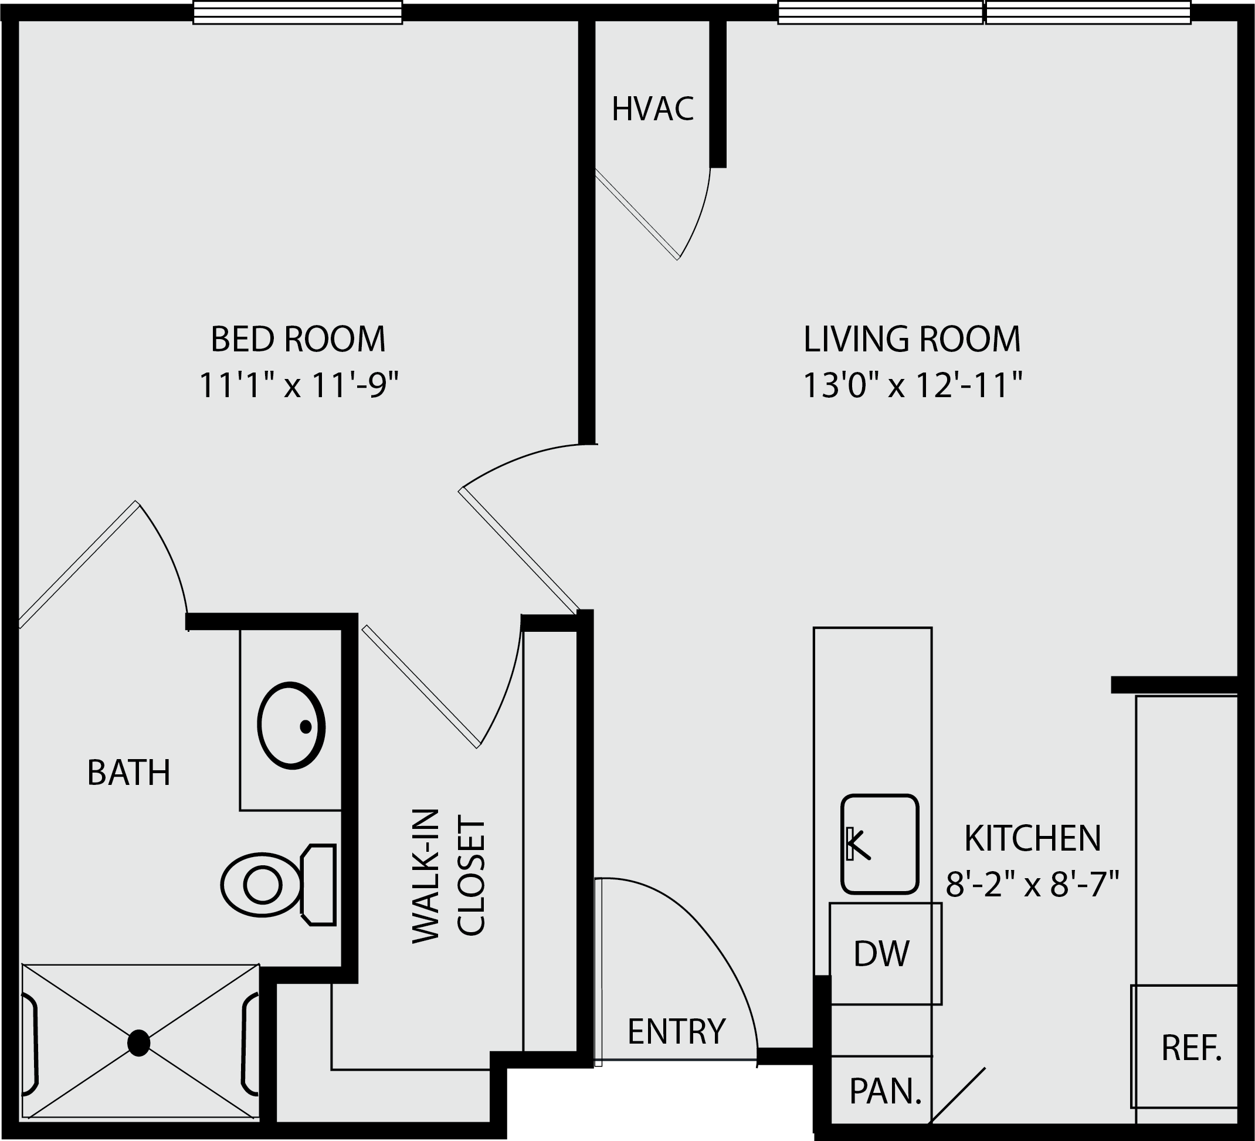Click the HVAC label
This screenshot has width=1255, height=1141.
click(652, 109)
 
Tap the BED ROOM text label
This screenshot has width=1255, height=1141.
click(298, 339)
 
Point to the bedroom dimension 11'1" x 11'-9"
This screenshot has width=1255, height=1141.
click(298, 385)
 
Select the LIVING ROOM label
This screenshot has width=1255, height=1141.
click(912, 339)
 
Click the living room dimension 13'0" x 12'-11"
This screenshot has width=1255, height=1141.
click(913, 385)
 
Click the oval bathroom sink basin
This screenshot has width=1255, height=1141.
click(291, 726)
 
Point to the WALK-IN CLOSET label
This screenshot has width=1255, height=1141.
click(448, 876)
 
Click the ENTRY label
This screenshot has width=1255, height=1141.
click(677, 1031)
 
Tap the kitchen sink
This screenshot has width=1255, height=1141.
click(880, 844)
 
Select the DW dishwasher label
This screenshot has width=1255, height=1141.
click(881, 953)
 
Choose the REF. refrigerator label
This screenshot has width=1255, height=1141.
click(1192, 1048)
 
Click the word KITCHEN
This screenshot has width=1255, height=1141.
click(1033, 838)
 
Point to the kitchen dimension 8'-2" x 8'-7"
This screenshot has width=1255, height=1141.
click(1033, 884)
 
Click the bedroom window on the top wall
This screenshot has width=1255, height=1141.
click(297, 12)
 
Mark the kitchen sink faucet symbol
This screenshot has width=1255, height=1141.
click(858, 845)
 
